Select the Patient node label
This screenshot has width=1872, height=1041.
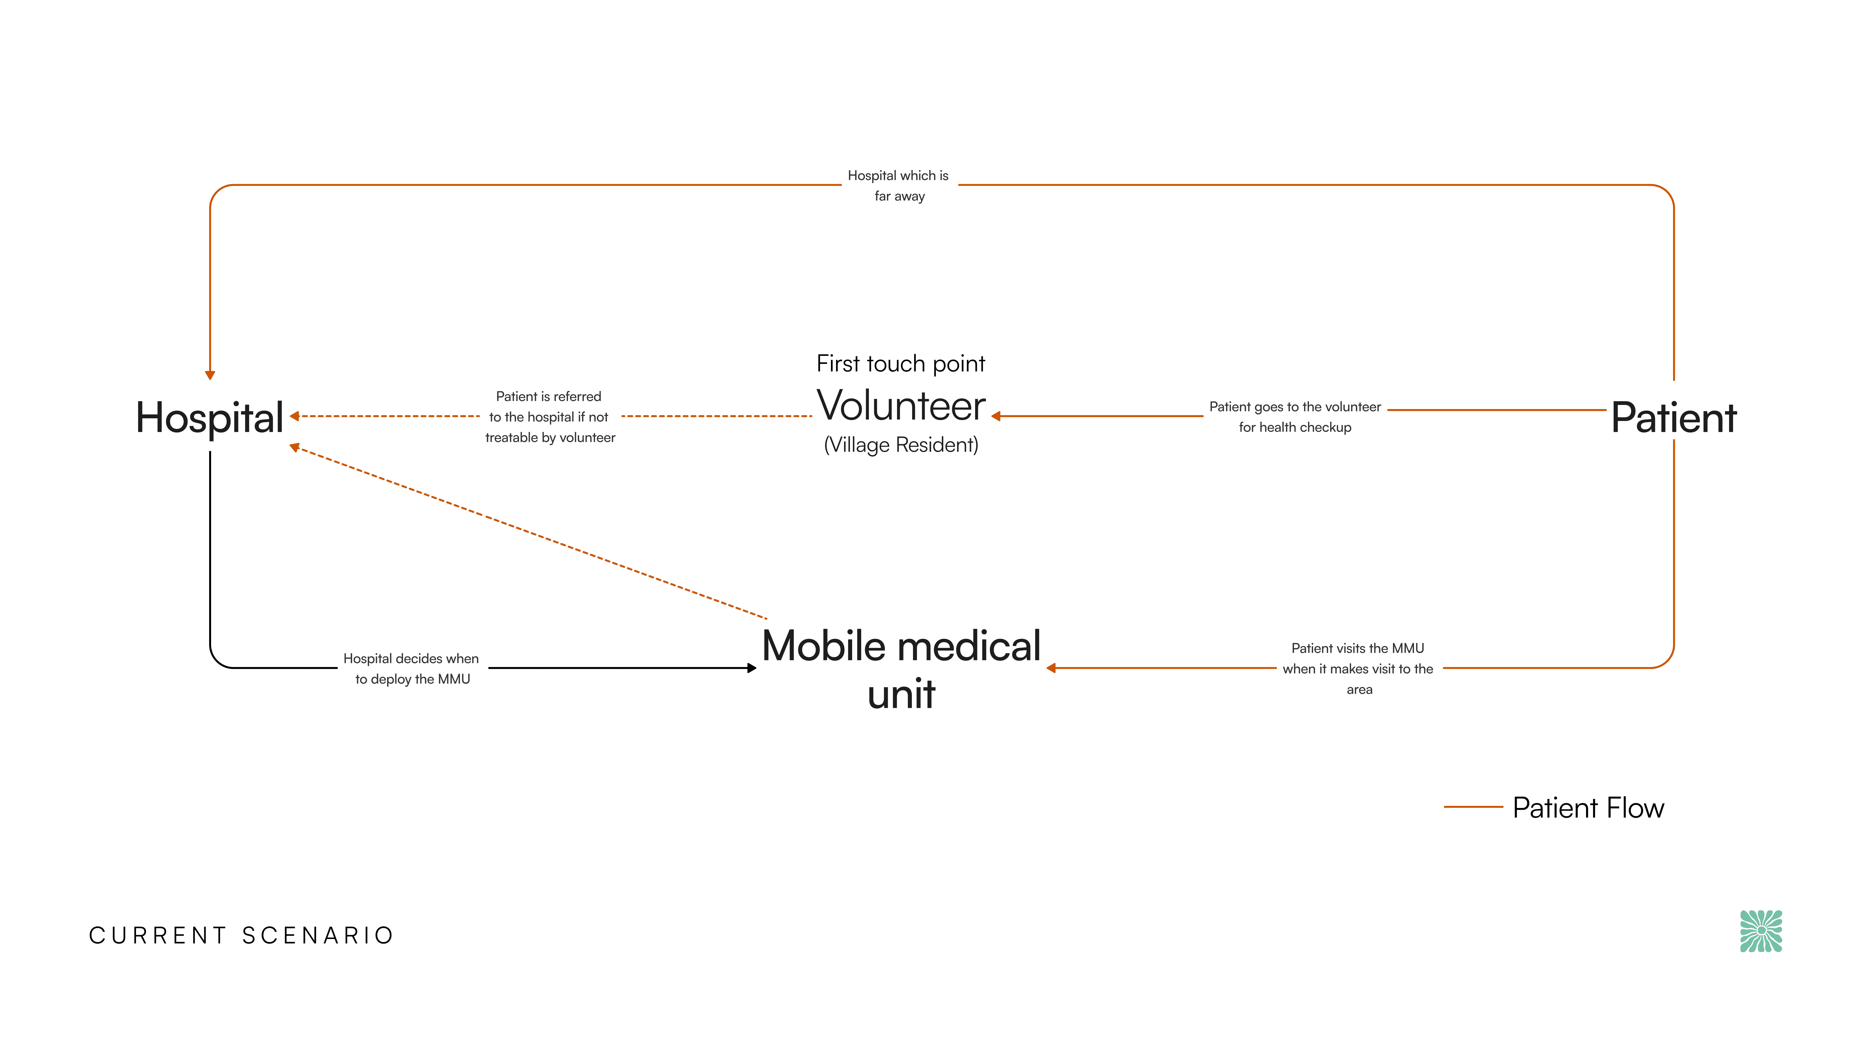click(1674, 418)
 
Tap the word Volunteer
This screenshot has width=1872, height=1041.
click(901, 406)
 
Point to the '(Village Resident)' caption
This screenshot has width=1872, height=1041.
click(901, 445)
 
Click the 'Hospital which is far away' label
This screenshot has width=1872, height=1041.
click(899, 185)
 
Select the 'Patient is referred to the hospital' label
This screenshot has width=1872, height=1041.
click(549, 417)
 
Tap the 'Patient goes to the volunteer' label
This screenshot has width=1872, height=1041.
click(1295, 417)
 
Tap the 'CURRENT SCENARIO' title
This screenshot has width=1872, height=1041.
click(241, 936)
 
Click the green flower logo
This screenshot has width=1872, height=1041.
click(1761, 931)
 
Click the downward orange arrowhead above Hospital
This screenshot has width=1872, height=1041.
click(210, 375)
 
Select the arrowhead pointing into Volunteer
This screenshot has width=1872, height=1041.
click(996, 417)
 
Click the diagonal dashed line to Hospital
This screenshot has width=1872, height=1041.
click(530, 533)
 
